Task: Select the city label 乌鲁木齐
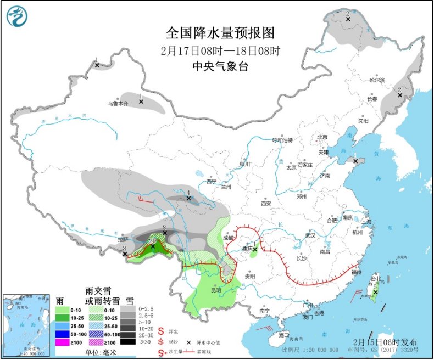[118, 103]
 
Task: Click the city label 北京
[322, 137]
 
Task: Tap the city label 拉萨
[122, 239]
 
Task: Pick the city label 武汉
[309, 235]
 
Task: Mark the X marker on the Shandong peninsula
[356, 161]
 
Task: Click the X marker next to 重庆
[255, 249]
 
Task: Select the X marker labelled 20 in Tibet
[153, 246]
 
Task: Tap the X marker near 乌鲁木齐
[141, 102]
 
